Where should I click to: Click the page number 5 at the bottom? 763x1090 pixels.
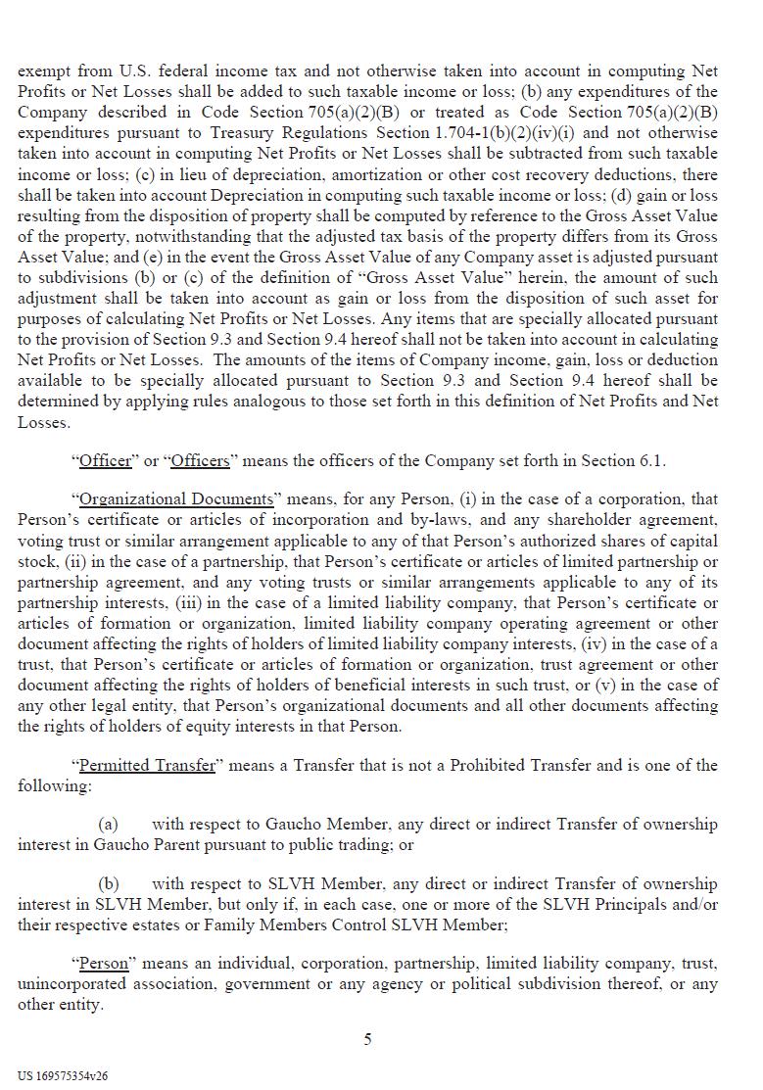pyautogui.click(x=367, y=1039)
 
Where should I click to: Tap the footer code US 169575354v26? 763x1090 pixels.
pyautogui.click(x=63, y=1075)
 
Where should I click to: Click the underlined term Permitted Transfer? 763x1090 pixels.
pyautogui.click(x=147, y=765)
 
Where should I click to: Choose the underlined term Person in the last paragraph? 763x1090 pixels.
pyautogui.click(x=104, y=964)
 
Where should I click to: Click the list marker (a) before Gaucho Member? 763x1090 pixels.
pyautogui.click(x=109, y=825)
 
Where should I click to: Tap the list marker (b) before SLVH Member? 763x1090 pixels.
pyautogui.click(x=109, y=884)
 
